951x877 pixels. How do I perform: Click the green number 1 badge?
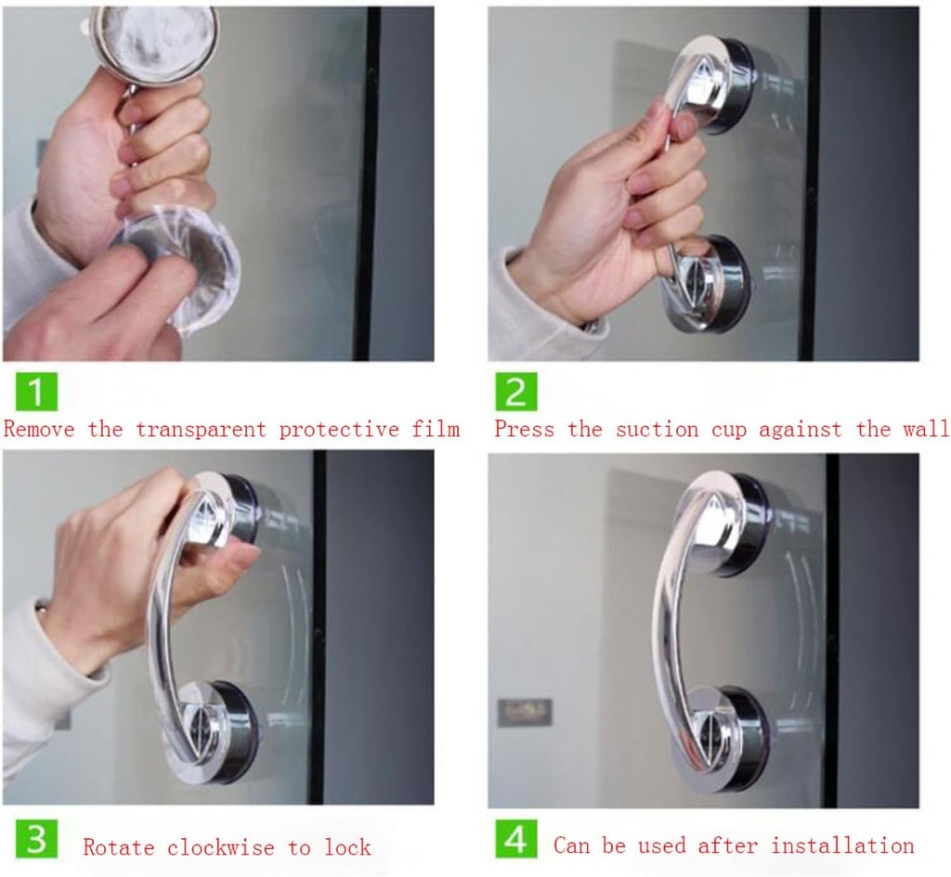tap(35, 392)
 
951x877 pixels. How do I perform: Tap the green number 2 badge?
tap(515, 392)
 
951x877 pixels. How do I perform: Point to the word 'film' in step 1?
tap(436, 430)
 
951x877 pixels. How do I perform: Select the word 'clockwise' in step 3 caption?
tap(221, 847)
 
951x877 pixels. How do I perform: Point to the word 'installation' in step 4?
tap(842, 845)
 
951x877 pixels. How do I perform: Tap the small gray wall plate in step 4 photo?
tap(525, 712)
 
